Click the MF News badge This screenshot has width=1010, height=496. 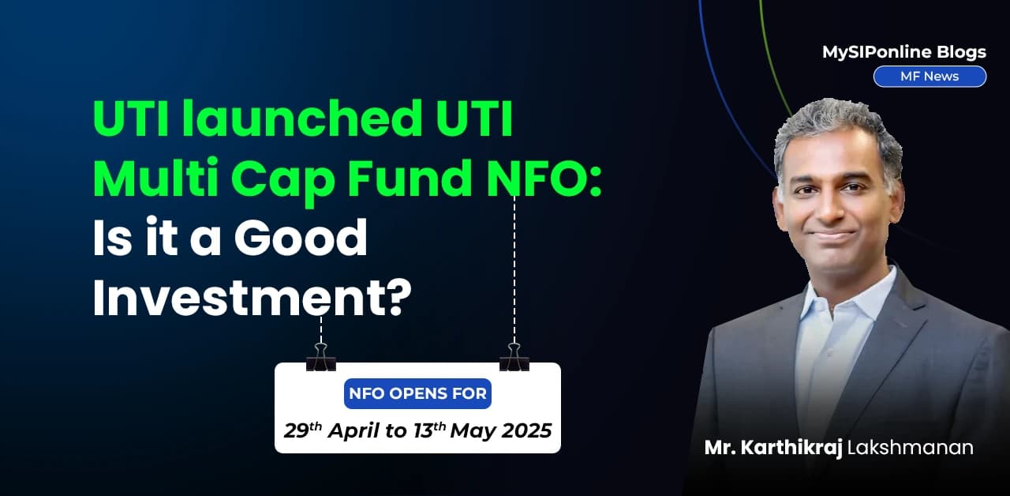tap(930, 77)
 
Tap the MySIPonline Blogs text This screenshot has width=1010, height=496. tap(903, 52)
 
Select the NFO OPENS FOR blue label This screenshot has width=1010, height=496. tap(417, 393)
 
